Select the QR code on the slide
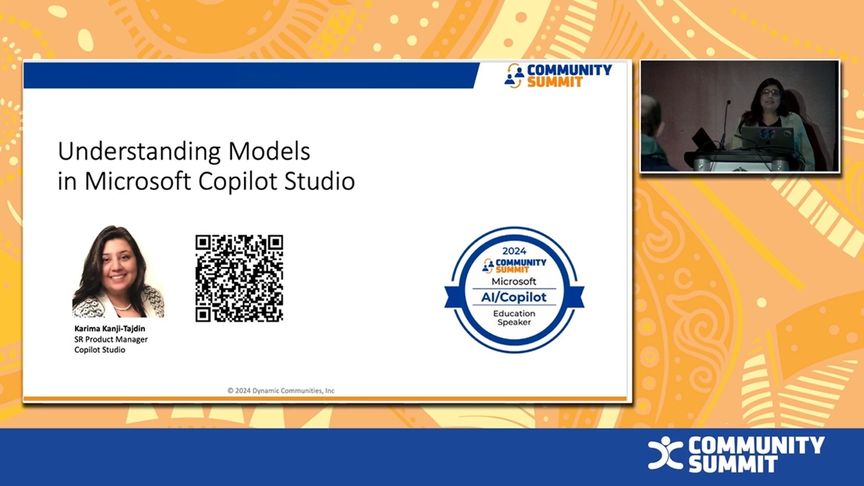(x=239, y=278)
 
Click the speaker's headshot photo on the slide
(x=118, y=272)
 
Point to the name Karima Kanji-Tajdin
(x=109, y=328)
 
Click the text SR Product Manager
(x=111, y=339)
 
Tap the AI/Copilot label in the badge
(x=514, y=297)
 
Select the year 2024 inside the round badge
(x=514, y=251)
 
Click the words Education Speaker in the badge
(x=514, y=318)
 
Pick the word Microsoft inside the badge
(x=514, y=281)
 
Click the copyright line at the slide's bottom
(x=281, y=391)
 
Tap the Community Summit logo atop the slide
(x=558, y=76)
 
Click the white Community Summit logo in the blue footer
(x=736, y=454)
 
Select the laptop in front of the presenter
(x=767, y=138)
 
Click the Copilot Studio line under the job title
(x=99, y=350)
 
